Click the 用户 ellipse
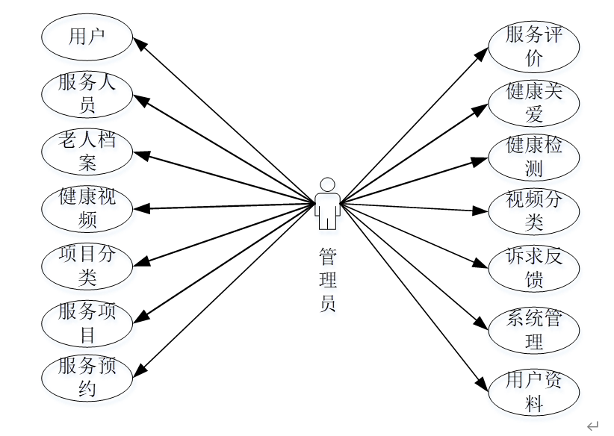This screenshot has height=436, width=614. pos(87,37)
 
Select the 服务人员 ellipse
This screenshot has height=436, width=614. pos(87,94)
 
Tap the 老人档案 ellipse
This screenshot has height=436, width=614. pos(87,151)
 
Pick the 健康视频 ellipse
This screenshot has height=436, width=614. pos(87,208)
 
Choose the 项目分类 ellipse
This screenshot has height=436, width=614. pos(87,266)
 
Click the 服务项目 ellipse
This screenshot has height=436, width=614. pos(87,323)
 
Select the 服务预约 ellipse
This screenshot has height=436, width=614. pos(87,378)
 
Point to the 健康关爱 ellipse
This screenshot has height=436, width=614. pos(533,102)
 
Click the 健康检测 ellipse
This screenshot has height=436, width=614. pos(533,156)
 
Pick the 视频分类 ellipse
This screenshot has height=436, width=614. pos(533,211)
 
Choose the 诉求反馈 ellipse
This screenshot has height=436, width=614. pos(533,267)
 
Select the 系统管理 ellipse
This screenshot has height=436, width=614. pos(533,331)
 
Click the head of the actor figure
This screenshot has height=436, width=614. pos(326,184)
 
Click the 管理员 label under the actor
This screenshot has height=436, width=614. pos(327,281)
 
